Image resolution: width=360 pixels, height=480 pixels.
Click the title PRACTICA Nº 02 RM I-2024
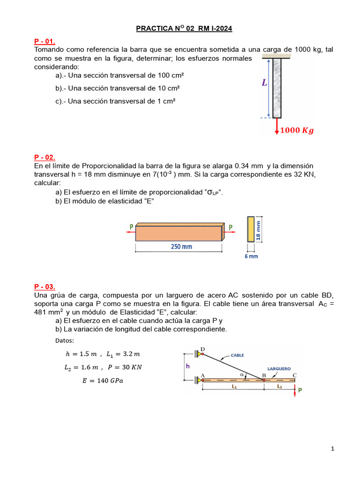[x=184, y=29]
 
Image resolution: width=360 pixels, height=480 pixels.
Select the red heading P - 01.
[x=45, y=41]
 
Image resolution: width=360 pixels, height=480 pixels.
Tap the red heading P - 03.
[x=45, y=286]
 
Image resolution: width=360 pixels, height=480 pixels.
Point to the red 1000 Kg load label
[x=297, y=131]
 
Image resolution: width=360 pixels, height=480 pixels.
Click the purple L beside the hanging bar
[x=264, y=83]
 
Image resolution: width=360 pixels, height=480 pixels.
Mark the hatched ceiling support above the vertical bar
[x=277, y=56]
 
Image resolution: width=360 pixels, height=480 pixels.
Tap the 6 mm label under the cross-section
[x=252, y=256]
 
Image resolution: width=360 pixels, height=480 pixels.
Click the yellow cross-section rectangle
[x=251, y=229]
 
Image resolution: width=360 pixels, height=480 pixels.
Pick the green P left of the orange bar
[x=131, y=227]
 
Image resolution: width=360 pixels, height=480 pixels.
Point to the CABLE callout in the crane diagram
[x=237, y=355]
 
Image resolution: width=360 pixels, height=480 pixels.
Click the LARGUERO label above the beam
[x=279, y=368]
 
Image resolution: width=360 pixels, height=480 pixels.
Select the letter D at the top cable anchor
[x=202, y=349]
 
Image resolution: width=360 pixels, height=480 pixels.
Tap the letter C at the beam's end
[x=294, y=375]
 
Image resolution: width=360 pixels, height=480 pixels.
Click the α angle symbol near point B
[x=242, y=375]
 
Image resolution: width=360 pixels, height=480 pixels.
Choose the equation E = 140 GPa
[x=103, y=381]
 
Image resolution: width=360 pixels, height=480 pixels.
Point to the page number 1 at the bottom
[x=332, y=449]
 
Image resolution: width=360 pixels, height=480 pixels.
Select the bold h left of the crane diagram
[x=187, y=365]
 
